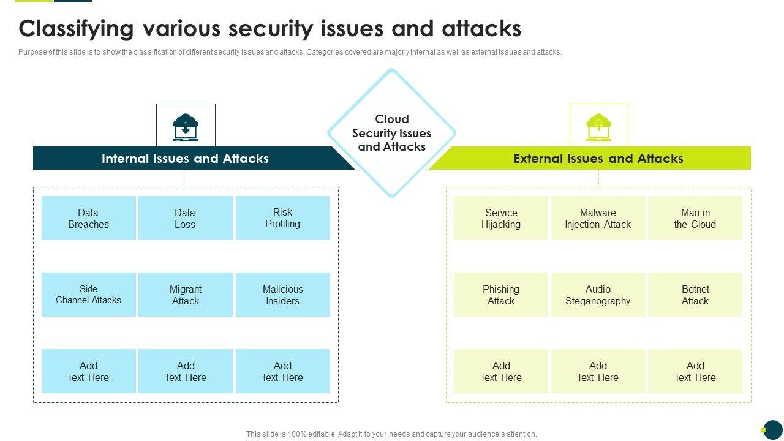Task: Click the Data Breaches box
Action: point(89,218)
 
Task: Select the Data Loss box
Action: point(186,218)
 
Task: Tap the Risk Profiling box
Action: point(283,218)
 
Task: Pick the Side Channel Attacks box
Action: point(89,295)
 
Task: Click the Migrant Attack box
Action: point(186,295)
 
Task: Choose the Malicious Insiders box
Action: point(283,295)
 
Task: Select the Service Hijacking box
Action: point(501,218)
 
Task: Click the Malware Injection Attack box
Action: point(598,218)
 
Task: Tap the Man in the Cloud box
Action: point(695,218)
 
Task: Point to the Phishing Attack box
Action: point(501,295)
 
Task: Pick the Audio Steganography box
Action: point(598,295)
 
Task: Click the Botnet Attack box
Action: point(695,295)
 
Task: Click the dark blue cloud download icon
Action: point(186,128)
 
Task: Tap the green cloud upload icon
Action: point(598,128)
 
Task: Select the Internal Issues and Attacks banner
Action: point(193,158)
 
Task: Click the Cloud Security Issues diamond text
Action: point(391,133)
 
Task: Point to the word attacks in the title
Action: point(481,29)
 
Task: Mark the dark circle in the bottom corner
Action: point(773,430)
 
